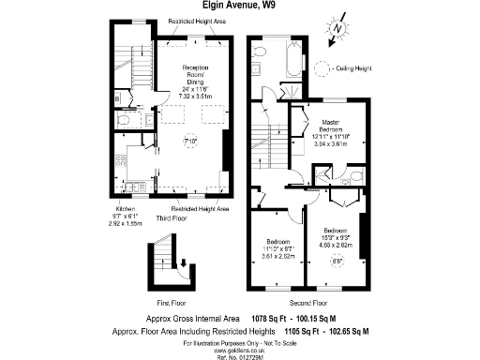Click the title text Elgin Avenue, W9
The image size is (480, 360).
239,6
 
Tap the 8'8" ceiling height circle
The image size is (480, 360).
338,262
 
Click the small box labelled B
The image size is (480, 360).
116,97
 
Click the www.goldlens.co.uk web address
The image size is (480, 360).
239,347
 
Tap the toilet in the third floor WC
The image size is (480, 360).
125,121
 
